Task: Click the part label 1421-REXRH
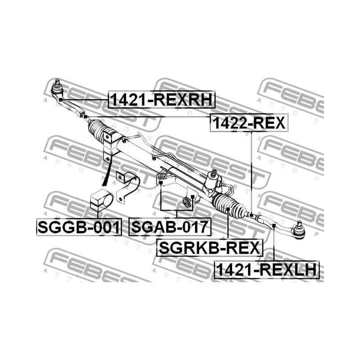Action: tap(162, 99)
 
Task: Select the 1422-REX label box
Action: tap(249, 123)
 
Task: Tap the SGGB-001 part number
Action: tap(79, 227)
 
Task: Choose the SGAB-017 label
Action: tap(170, 227)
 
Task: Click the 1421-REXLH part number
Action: tap(266, 270)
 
